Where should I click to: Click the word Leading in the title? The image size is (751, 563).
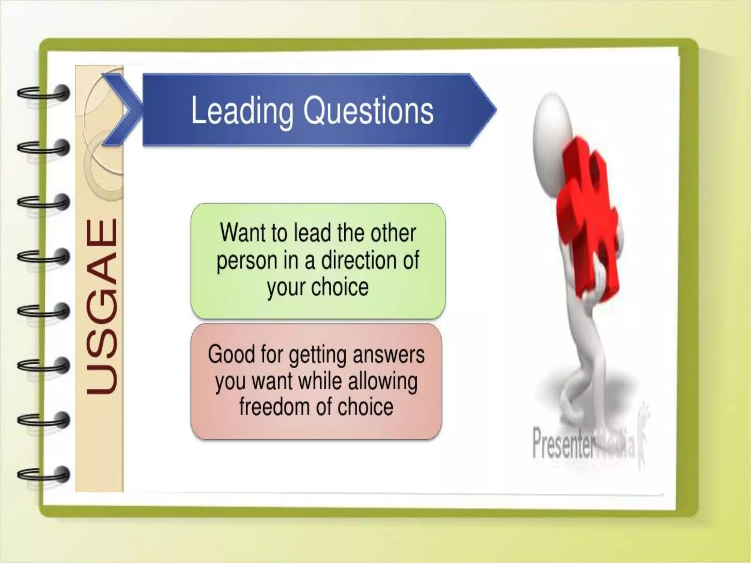pos(242,111)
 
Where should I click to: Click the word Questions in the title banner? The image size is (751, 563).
pos(368,111)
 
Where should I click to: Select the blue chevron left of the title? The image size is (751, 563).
pos(123,109)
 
